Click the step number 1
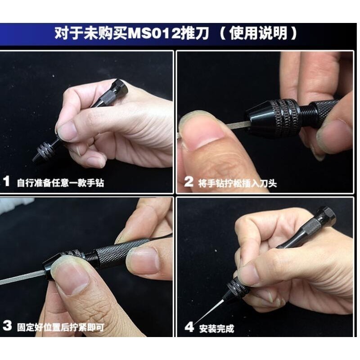coord(6,182)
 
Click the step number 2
coord(189,182)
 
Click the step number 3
coord(6,326)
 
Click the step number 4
coord(189,326)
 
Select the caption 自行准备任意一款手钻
coord(61,183)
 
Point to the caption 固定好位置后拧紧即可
coord(61,327)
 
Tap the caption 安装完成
coord(216,327)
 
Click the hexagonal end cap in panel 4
coord(325,216)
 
